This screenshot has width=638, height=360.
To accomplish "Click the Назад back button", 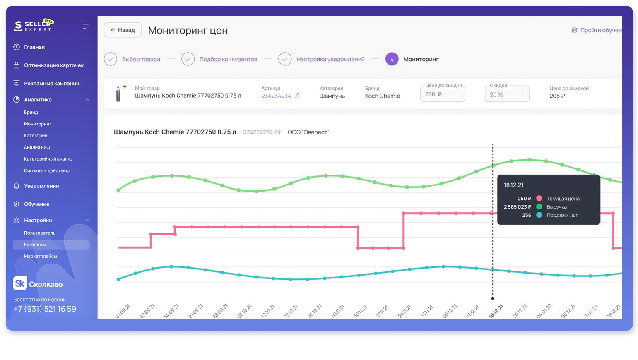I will tap(123, 30).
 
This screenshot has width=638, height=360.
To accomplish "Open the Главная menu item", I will tap(34, 47).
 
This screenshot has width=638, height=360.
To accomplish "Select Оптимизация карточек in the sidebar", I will tap(53, 65).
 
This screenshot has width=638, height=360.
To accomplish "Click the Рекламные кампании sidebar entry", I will tap(51, 84).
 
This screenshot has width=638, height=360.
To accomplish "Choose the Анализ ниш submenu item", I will tap(37, 147).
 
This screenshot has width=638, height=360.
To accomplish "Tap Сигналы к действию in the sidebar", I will tap(46, 170).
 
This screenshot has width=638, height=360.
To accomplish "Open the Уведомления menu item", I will tap(41, 186).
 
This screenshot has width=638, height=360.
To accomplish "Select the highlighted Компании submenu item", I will tap(35, 245).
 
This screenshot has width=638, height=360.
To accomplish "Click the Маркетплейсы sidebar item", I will tap(40, 256).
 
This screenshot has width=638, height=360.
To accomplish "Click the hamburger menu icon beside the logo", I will tap(86, 26).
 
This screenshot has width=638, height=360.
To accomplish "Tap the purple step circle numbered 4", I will tap(392, 59).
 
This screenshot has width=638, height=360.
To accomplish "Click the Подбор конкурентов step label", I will tap(228, 60).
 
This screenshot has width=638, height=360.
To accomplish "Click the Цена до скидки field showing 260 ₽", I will tap(442, 94).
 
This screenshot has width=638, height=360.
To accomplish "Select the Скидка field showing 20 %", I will tap(507, 94).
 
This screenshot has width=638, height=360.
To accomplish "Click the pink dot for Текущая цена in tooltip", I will tap(539, 198).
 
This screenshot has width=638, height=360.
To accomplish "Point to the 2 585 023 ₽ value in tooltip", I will tap(517, 207).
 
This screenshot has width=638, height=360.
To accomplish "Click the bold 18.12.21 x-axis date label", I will tap(496, 311).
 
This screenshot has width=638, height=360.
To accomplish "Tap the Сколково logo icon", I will tap(19, 283).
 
